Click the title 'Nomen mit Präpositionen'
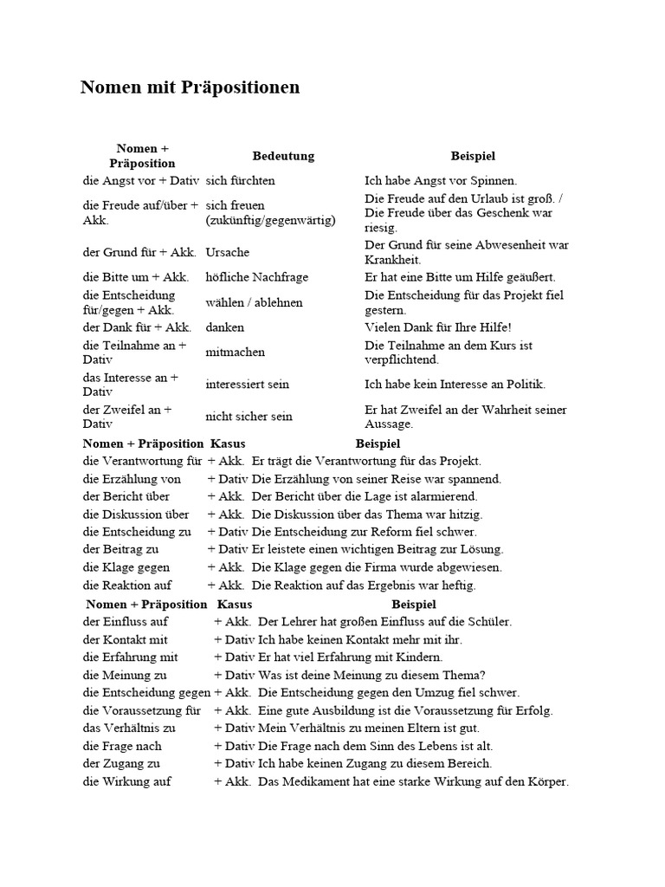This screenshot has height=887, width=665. coord(190,87)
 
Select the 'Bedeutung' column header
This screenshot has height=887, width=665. coord(283,156)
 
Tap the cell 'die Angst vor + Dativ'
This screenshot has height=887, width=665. coord(141,181)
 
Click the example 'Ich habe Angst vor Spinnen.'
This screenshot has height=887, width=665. coord(441,181)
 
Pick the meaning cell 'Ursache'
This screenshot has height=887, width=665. coord(228,252)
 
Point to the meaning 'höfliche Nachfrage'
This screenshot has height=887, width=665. coord(257,277)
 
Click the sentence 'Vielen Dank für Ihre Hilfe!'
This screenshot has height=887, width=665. coord(438,327)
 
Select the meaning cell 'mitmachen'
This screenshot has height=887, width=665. coord(236,353)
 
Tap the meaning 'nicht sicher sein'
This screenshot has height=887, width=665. coord(249,417)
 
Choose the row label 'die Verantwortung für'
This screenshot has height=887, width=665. coord(142,461)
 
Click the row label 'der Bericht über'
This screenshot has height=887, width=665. coord(126,496)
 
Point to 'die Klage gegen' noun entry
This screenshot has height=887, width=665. coord(126,567)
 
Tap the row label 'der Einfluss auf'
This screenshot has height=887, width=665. coord(126,621)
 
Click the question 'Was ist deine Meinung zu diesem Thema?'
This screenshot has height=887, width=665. coord(372,675)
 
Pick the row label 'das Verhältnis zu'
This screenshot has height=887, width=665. coord(129,728)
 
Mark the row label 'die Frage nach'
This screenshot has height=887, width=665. coord(122,746)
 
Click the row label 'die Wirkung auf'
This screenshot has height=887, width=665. coord(127,781)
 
